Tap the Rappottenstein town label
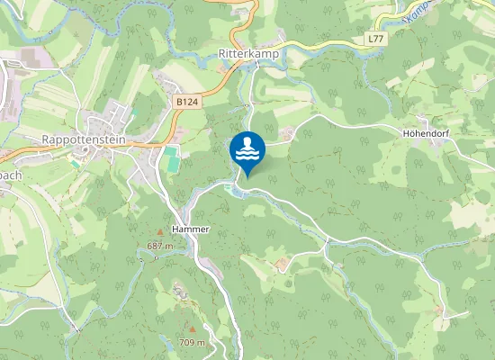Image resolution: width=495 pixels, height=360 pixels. [x=84, y=139]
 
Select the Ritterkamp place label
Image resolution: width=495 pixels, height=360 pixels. [x=249, y=54]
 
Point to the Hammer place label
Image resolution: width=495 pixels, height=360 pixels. [x=190, y=229]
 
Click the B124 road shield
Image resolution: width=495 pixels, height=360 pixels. [x=186, y=103]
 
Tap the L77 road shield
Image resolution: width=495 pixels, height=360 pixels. [x=376, y=40]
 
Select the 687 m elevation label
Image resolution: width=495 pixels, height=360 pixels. [x=159, y=246]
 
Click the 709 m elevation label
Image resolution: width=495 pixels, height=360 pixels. [x=192, y=342]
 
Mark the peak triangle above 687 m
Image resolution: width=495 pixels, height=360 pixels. [x=159, y=233]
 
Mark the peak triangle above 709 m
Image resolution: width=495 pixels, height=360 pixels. [x=191, y=329]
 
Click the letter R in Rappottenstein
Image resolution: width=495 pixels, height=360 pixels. [x=46, y=139]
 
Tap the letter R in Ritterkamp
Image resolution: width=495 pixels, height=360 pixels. [x=222, y=54]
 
